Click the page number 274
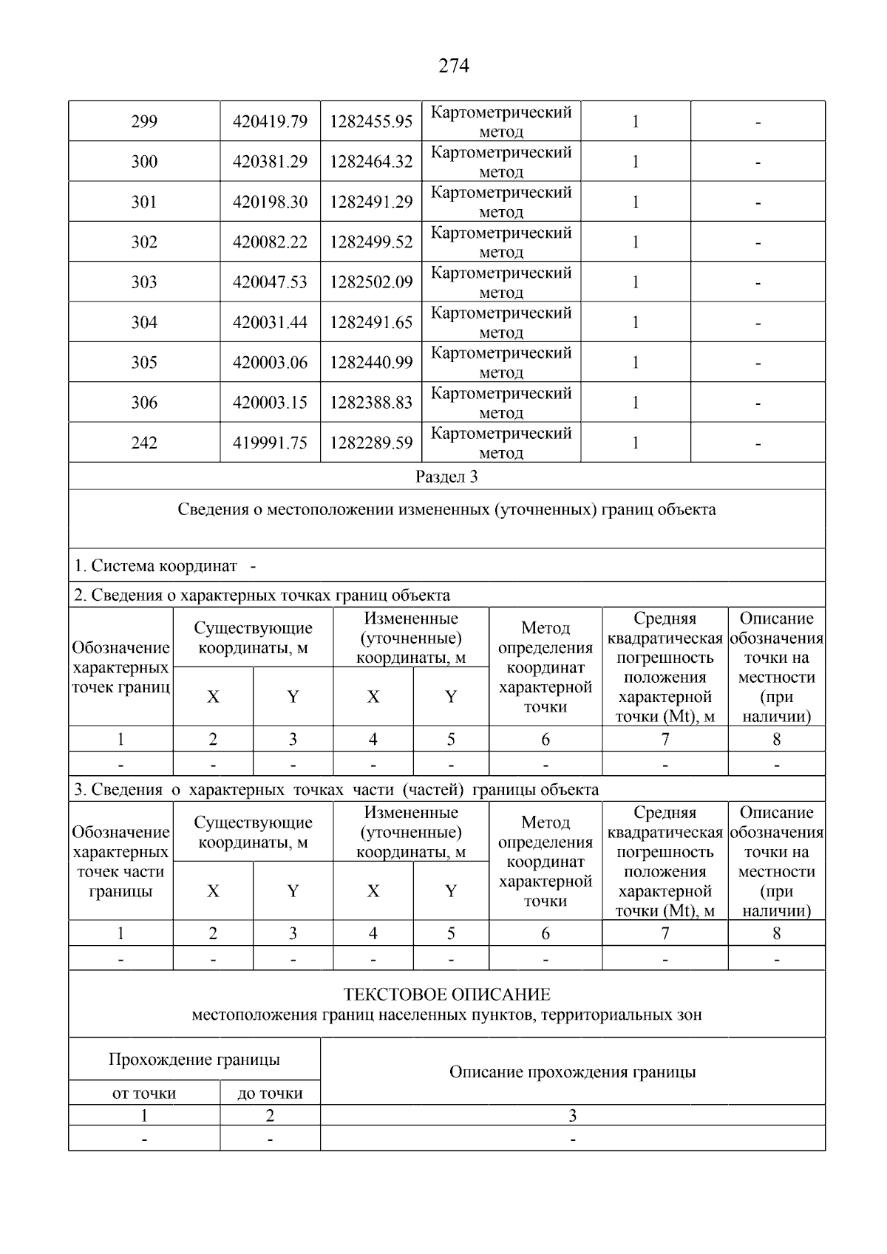coord(454,67)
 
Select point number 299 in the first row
coord(144,121)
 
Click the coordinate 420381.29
coord(270,162)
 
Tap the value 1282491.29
coord(371,202)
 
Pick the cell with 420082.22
coord(270,242)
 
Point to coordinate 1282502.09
coord(371,282)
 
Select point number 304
coord(144,322)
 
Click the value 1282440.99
coord(371,362)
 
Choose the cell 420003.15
coord(270,403)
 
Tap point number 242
coord(144,443)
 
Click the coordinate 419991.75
coord(270,443)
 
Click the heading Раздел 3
coord(446,477)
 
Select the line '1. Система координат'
coord(156,566)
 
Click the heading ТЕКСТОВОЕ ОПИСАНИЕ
coord(446,995)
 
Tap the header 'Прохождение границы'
coord(194,1060)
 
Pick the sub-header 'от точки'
coord(144,1094)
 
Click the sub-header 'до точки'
coord(270,1094)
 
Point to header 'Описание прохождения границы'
coord(572,1072)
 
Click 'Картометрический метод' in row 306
coord(501,403)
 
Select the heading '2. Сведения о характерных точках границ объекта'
coord(262,595)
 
